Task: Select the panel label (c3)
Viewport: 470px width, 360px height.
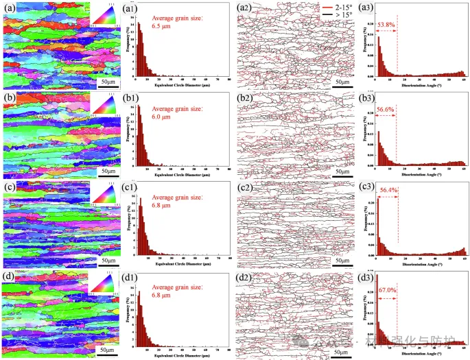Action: coord(364,189)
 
